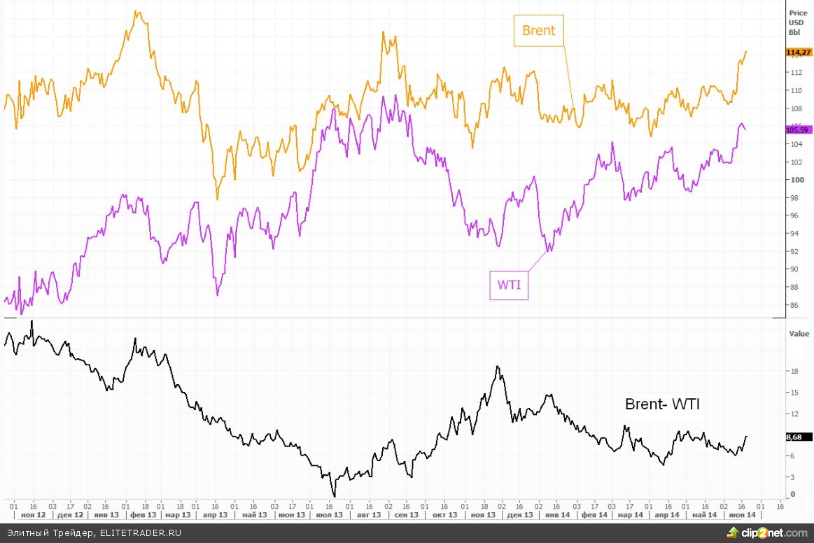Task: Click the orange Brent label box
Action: (538, 31)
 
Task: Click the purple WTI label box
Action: (509, 285)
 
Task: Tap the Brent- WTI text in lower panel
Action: (662, 404)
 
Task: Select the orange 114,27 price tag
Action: (798, 52)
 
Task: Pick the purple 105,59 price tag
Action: (798, 129)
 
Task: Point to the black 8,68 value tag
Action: (794, 437)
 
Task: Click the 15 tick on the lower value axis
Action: (794, 393)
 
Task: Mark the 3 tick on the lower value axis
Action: (792, 477)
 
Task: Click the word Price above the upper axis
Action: (798, 13)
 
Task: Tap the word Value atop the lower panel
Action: (799, 334)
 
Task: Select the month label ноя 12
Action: (33, 514)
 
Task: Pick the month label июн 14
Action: (742, 514)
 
